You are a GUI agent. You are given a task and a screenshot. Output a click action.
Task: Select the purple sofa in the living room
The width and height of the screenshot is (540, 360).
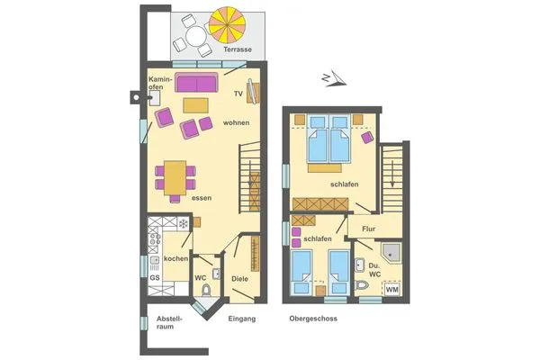coord(196,85)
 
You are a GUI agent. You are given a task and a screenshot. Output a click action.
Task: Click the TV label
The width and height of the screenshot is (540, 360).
coord(238,94)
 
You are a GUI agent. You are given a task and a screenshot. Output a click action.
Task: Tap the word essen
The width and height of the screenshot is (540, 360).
coord(201,197)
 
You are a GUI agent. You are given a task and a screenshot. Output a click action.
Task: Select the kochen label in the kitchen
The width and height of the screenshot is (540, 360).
coord(175,259)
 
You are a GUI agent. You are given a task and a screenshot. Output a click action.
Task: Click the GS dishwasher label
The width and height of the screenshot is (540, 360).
coord(155,277)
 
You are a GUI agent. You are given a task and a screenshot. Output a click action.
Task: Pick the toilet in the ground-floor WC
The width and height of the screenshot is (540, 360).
coord(207,289)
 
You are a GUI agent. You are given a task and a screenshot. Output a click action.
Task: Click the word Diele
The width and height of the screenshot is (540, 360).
coord(239,279)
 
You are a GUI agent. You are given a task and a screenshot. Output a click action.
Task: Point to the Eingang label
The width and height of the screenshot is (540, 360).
coord(242,319)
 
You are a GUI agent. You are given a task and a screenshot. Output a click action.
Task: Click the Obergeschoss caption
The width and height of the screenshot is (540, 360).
coord(314,319)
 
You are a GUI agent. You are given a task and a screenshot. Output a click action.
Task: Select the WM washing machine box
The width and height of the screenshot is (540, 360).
coord(391,289)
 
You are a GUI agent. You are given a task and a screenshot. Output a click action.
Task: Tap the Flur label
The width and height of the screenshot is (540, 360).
coord(368,230)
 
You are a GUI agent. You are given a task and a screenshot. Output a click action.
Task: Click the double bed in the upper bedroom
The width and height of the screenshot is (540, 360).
coord(327,143)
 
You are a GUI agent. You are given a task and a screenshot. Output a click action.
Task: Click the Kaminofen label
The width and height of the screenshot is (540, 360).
coord(160,84)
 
